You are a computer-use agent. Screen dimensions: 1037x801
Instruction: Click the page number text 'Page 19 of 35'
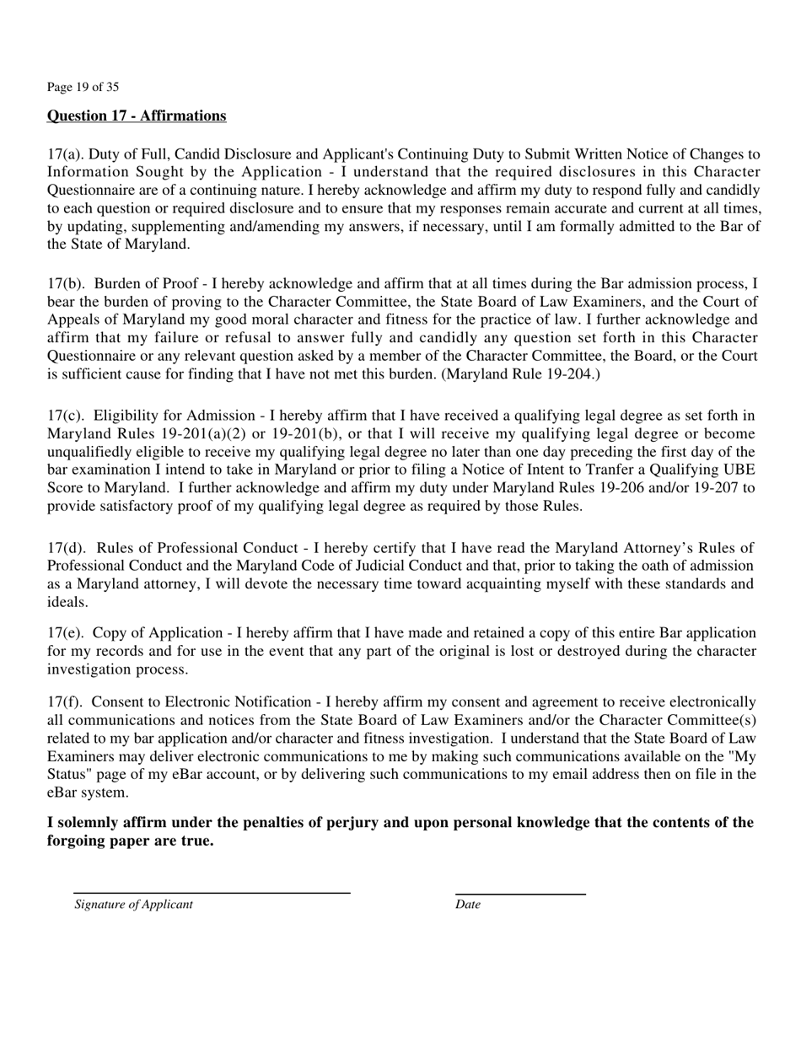83,87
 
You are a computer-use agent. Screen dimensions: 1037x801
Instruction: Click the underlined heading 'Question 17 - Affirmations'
137,116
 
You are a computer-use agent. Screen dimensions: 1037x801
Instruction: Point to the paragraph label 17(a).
64,154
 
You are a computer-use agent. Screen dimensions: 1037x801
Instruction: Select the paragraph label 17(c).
64,416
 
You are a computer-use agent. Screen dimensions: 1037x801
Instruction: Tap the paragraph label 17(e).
64,633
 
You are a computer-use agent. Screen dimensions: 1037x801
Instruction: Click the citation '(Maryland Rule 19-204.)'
520,373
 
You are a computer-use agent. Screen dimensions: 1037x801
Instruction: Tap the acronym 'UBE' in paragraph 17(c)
739,470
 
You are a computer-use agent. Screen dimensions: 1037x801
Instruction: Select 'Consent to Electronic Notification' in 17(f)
202,702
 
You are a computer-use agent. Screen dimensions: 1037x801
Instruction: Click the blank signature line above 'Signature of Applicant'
211,892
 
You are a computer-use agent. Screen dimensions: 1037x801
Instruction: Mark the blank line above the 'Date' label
520,894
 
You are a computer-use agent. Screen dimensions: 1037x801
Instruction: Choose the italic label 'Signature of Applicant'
133,905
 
